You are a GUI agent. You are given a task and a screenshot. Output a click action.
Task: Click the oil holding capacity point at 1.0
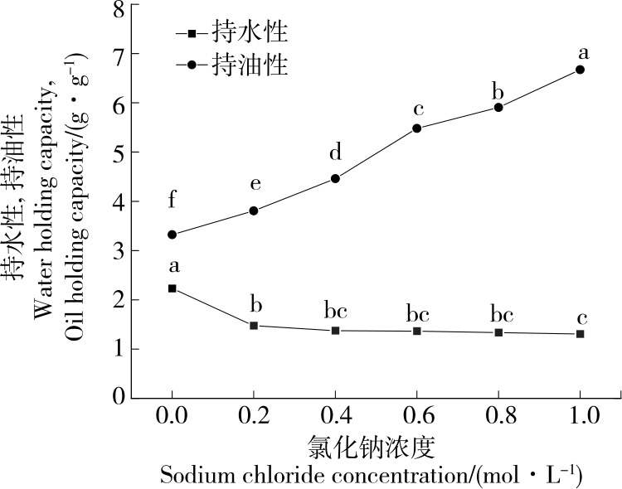[581, 70]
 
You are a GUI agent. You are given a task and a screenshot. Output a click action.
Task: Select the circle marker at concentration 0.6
[417, 128]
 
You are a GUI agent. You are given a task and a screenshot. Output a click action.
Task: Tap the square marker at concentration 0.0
[172, 288]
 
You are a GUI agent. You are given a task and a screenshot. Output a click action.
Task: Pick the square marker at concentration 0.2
[254, 326]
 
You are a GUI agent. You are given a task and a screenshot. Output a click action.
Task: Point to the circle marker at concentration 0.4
[335, 178]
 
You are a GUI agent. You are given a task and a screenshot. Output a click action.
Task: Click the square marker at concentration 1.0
[581, 334]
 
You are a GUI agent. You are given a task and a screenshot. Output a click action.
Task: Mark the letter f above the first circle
[172, 200]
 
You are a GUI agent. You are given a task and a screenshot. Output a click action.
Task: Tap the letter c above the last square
[581, 317]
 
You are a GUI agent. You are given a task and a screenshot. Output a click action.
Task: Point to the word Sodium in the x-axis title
[189, 475]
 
